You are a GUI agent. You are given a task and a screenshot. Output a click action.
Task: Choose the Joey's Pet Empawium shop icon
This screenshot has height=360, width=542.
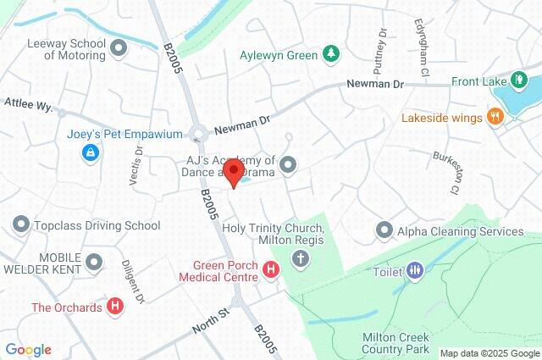[x=89, y=152]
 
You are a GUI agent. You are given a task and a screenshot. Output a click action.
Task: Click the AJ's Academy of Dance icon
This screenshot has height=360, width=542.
[x=289, y=165]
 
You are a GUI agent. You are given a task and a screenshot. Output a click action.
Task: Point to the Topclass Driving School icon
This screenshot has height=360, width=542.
[x=20, y=224]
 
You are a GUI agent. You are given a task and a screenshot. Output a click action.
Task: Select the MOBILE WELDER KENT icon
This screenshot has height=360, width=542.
[x=94, y=263]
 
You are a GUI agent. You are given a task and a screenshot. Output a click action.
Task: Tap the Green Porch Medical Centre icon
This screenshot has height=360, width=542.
[x=271, y=270]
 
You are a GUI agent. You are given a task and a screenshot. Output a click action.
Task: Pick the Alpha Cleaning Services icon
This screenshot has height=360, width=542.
[x=385, y=230]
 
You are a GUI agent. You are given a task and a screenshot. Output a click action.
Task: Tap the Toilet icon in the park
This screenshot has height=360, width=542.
[x=414, y=271]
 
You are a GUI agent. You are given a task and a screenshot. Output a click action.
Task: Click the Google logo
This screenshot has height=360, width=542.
[x=28, y=350]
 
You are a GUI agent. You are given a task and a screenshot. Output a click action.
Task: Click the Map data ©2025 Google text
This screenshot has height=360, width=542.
[x=489, y=352]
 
